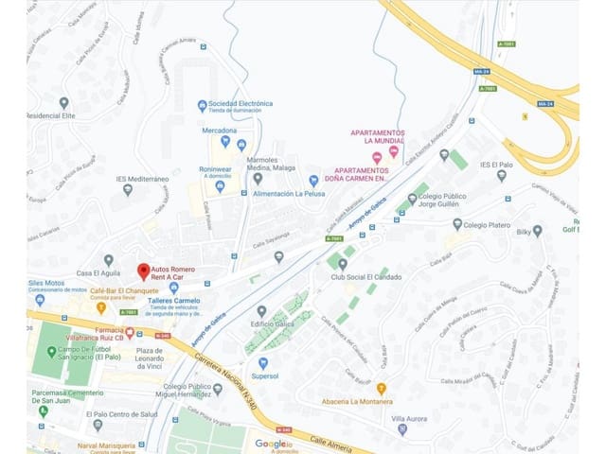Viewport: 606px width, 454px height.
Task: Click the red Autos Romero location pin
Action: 144,271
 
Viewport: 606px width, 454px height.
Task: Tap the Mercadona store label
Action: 219,130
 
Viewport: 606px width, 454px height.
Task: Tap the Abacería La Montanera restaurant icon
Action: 382,389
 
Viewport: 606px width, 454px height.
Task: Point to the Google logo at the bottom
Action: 273,443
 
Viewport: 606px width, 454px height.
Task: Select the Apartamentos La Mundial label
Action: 378,137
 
